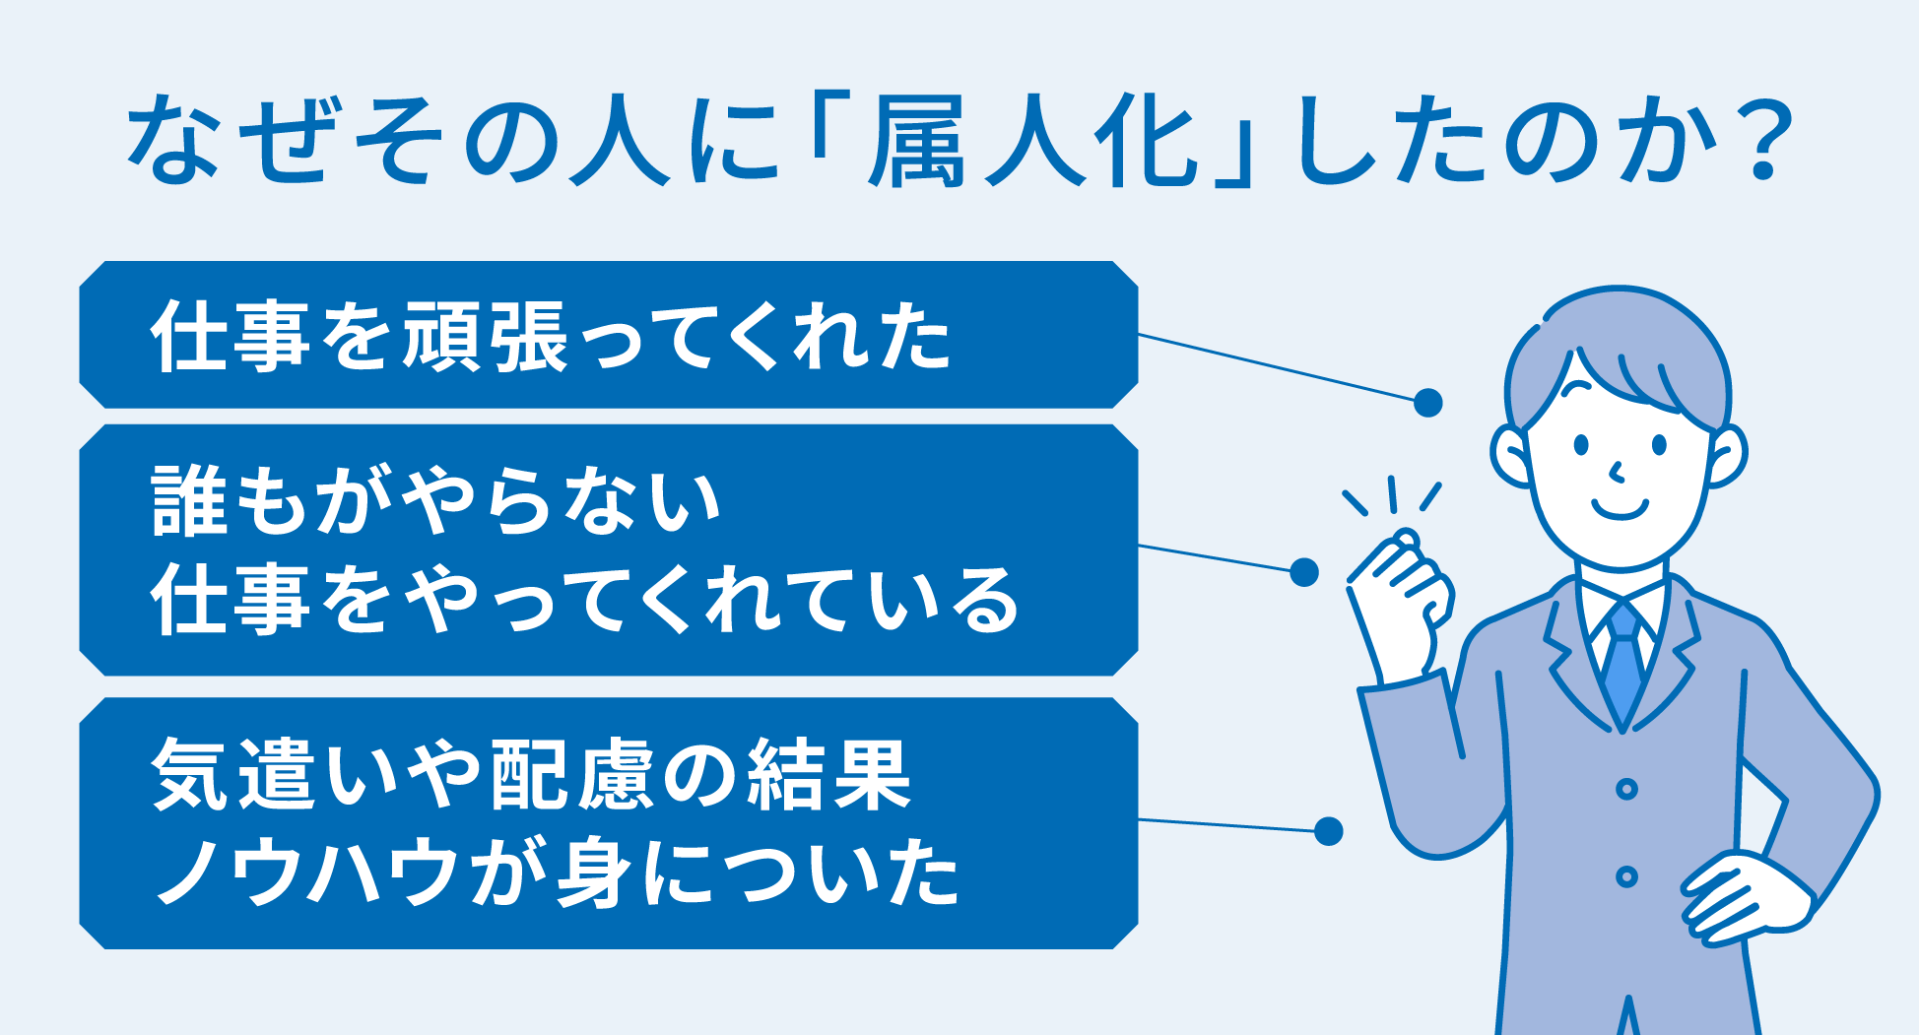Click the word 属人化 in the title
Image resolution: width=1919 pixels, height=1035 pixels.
tap(1032, 140)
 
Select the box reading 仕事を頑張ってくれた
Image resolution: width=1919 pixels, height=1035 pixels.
tap(609, 335)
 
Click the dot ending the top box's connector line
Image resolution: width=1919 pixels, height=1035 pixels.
tap(1427, 402)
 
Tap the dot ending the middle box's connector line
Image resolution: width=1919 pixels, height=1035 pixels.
tap(1304, 571)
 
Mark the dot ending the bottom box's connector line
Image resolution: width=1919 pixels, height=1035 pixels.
tap(1328, 831)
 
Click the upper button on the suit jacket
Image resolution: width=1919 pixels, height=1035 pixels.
tap(1626, 789)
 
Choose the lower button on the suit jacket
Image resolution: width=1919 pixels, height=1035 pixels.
tap(1626, 875)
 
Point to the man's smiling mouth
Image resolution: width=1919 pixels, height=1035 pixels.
tap(1620, 510)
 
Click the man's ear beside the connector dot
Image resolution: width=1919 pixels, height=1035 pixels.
tap(1511, 455)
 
